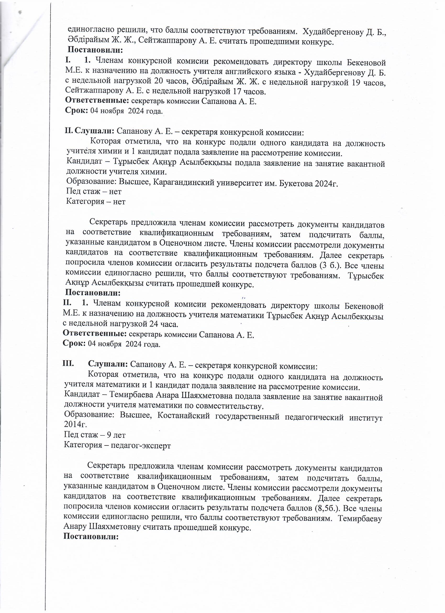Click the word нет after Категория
(119, 202)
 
